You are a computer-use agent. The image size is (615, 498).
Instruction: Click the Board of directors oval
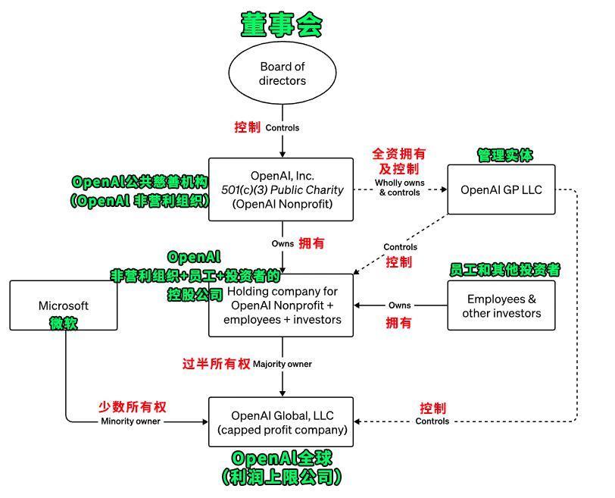(282, 74)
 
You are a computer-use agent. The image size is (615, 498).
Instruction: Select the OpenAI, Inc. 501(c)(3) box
(281, 189)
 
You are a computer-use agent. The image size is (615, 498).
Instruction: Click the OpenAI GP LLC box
(501, 189)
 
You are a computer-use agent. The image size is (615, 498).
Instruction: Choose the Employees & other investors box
(501, 305)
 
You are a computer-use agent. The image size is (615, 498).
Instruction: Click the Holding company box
(282, 305)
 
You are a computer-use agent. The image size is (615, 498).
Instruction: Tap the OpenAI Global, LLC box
(282, 422)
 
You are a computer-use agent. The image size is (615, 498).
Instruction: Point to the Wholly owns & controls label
(399, 187)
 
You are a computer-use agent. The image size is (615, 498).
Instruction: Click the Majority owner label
(282, 364)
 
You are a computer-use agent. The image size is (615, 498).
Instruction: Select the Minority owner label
(130, 421)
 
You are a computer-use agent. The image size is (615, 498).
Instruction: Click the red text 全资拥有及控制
(399, 161)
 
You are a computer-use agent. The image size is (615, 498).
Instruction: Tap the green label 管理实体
(504, 155)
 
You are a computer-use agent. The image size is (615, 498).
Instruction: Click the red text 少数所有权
(132, 406)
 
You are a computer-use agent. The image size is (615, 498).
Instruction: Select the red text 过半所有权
(216, 364)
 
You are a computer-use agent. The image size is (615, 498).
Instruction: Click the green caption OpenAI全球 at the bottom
(282, 458)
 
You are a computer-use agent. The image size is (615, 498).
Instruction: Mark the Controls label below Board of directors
(282, 127)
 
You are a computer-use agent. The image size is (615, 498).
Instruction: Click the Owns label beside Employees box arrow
(399, 305)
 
